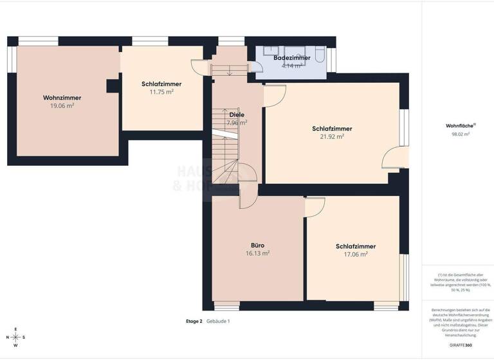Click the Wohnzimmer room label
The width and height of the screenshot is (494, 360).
click(x=62, y=98)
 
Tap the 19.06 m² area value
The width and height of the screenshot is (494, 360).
click(x=62, y=105)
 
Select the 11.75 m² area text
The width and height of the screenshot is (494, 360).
click(x=161, y=92)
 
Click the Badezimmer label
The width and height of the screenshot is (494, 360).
click(x=291, y=58)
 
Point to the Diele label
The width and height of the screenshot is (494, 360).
click(x=236, y=114)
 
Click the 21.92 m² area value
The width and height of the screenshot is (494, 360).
click(x=332, y=136)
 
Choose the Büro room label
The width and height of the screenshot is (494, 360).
click(x=257, y=245)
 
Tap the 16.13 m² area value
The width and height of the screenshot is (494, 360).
click(x=257, y=253)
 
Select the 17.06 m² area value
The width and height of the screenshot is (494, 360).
click(x=355, y=255)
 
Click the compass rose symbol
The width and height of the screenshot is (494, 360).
click(x=16, y=337)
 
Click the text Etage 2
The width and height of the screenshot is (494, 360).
click(x=194, y=321)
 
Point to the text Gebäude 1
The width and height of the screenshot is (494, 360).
click(x=218, y=321)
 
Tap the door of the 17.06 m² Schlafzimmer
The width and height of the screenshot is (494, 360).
click(x=315, y=206)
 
